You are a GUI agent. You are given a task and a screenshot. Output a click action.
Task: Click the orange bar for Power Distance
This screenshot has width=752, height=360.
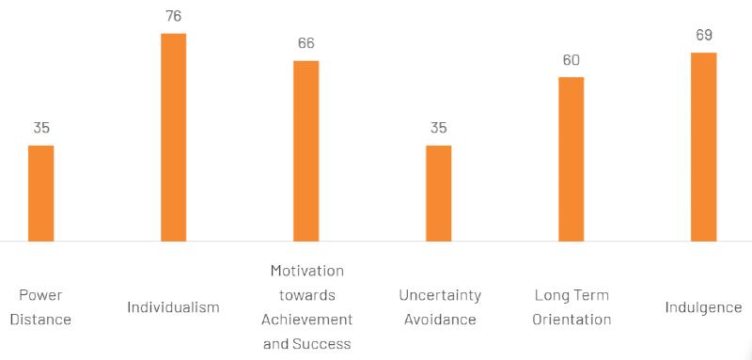(x=41, y=193)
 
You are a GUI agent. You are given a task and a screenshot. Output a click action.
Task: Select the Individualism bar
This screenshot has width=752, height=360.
(x=174, y=137)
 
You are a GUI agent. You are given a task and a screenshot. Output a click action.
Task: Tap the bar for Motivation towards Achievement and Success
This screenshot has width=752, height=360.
(x=306, y=150)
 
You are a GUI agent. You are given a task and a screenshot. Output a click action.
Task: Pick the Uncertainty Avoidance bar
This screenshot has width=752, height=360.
(x=439, y=193)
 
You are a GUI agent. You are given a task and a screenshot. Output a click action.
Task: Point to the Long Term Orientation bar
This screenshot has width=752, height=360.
(x=572, y=159)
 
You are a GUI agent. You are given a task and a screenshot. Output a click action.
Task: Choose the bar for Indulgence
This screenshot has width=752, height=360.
(x=704, y=147)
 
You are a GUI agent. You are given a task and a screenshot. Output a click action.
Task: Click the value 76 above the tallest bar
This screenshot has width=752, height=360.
(x=174, y=16)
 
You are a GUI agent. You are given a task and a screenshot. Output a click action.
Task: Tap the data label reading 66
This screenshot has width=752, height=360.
(x=306, y=43)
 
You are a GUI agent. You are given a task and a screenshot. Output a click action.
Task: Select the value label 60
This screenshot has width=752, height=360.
(x=572, y=60)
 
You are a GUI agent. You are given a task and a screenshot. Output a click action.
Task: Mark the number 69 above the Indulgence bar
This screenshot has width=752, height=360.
(x=704, y=36)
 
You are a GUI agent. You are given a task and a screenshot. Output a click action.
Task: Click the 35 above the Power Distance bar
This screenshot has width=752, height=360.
(x=41, y=128)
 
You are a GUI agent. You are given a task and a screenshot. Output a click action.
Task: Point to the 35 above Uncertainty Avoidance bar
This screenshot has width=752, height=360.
(x=439, y=128)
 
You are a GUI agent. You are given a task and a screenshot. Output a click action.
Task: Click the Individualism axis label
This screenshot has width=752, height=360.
(x=174, y=307)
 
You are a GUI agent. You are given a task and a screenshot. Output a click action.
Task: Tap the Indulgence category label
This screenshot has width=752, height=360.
(x=704, y=307)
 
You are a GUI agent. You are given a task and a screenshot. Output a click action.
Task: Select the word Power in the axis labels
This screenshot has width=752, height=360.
(x=41, y=295)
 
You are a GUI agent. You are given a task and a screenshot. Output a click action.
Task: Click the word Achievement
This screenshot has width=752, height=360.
(x=306, y=320)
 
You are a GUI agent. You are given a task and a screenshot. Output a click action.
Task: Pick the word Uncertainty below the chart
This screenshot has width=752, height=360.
(x=440, y=295)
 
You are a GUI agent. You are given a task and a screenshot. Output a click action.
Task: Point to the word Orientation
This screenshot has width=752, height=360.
(x=572, y=320)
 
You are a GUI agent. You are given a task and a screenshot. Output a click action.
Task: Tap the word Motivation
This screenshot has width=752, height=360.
(x=306, y=271)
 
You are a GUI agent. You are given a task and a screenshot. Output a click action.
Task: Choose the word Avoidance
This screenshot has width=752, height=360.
(x=440, y=320)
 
